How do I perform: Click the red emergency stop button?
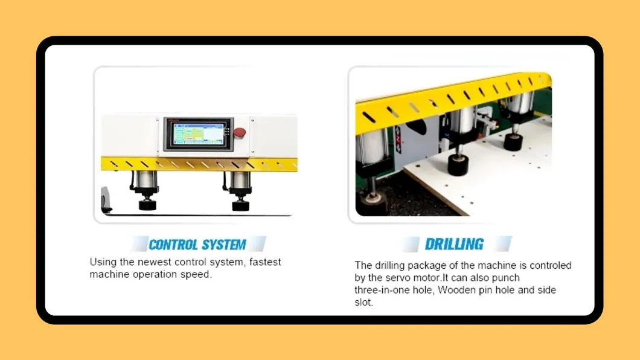tap(240, 133)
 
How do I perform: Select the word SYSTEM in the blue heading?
tap(223, 245)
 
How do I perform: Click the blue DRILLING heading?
tap(454, 244)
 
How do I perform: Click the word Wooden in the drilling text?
tap(454, 290)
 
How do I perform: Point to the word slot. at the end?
tap(363, 302)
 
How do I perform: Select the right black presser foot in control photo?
tap(240, 204)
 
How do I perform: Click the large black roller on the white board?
tap(459, 164)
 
